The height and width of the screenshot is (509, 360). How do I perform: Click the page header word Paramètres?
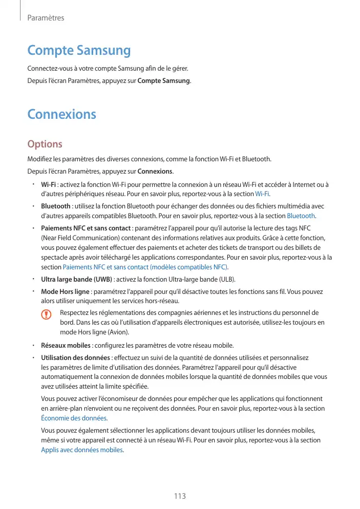46,18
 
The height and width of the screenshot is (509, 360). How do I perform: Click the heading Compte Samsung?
79,51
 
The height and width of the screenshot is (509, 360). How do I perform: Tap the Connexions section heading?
61,114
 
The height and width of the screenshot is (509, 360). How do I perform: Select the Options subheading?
45,144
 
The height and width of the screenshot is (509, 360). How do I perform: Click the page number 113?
179,496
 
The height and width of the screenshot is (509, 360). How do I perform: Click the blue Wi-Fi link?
262,194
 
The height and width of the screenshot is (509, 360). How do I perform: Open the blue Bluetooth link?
301,216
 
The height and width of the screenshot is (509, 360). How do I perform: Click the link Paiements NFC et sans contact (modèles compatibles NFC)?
145,267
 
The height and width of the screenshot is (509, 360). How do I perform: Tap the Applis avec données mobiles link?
82,450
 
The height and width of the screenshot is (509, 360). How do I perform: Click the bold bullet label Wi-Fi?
49,184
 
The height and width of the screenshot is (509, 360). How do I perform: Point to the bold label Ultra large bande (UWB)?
76,279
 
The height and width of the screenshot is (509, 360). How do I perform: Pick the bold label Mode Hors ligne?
65,291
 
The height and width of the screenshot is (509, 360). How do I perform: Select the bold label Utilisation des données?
75,357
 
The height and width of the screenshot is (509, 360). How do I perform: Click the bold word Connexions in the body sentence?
156,171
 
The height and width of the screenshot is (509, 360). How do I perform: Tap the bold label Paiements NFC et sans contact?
86,227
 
